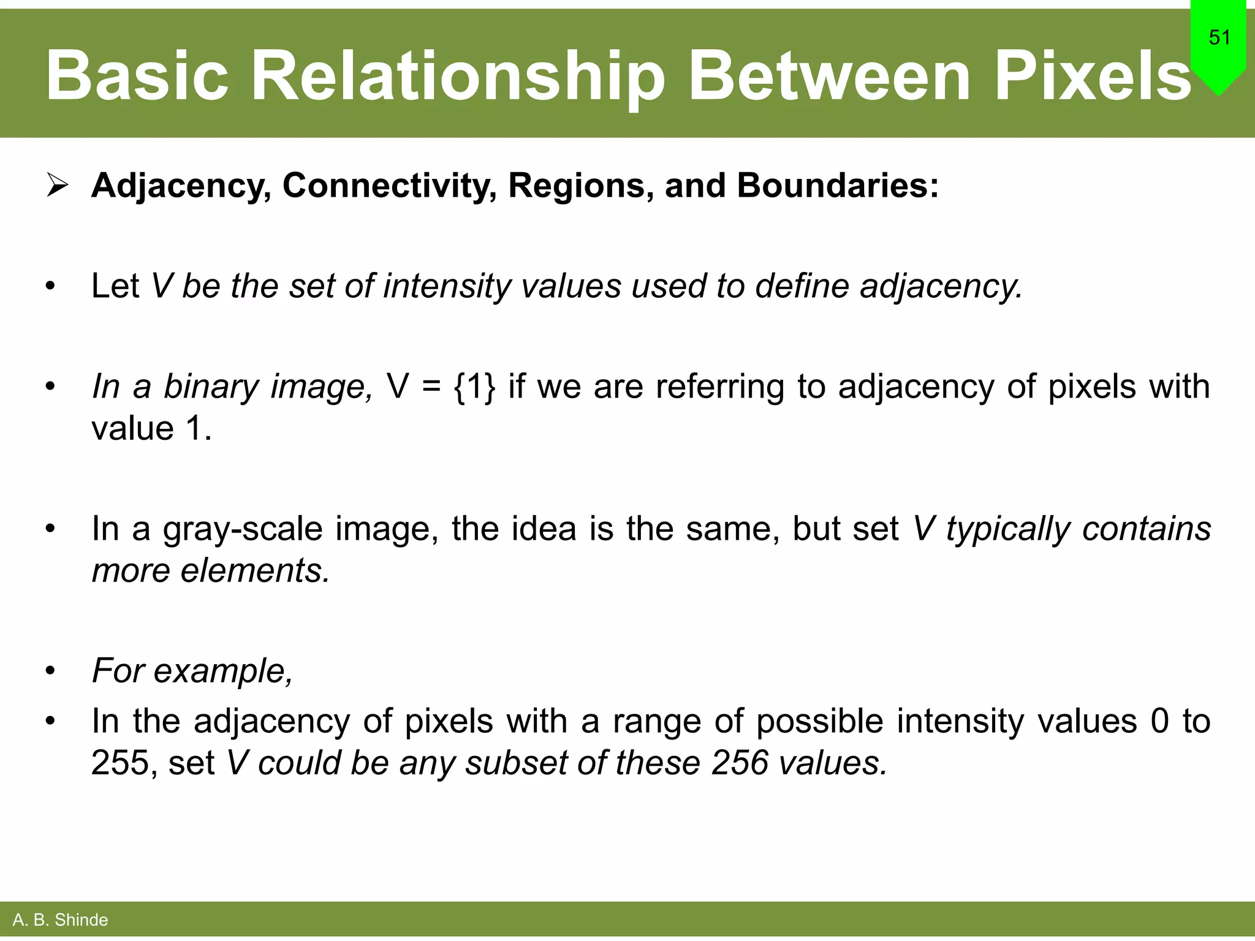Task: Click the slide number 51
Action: pos(1219,38)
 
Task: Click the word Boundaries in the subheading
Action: pos(837,185)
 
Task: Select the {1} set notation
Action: pos(474,387)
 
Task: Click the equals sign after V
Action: pos(431,387)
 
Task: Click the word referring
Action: pos(719,387)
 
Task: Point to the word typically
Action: pos(1007,529)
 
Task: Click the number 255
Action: pos(119,763)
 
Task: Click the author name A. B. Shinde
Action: pos(60,920)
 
